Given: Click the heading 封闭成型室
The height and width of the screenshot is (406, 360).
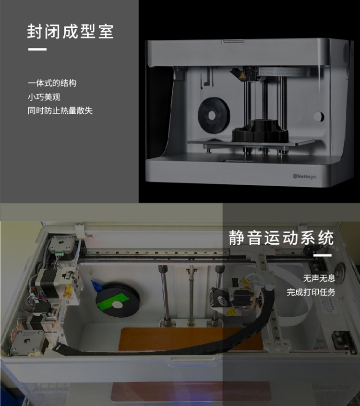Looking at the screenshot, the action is pos(71,32).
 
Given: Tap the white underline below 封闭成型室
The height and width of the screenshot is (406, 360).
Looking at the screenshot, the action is pos(37,49).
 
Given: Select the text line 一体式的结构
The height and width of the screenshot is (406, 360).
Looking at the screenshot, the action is pos(52,83).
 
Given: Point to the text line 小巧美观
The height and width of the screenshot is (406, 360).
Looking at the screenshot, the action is pos(44,97).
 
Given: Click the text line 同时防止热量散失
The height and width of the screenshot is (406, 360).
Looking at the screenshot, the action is pos(60,111).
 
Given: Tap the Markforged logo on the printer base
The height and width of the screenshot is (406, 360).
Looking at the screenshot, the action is pos(305,176).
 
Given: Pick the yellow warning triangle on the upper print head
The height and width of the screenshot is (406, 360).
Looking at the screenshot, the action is pos(242,76).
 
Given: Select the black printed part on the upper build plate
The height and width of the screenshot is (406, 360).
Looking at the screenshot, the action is pos(260,131).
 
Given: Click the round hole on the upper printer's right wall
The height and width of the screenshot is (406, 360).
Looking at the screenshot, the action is pos(318,117).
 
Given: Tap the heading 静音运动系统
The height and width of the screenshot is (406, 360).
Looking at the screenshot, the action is pos(281,238).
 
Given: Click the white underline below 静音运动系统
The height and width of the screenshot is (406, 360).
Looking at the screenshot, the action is pos(322,255).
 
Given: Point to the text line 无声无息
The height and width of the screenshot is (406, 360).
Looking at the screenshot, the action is pos(319,278).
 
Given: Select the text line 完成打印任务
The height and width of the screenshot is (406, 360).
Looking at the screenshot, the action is pos(311,292).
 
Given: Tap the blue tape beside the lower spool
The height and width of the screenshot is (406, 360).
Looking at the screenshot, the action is pos(96,286).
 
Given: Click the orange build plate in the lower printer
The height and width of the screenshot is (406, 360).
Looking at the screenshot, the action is pos(191,339).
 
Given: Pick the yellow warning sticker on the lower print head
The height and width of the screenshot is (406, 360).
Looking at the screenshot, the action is pos(230,311).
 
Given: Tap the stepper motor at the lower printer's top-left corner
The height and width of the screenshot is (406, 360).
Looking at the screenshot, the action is pos(62,245).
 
